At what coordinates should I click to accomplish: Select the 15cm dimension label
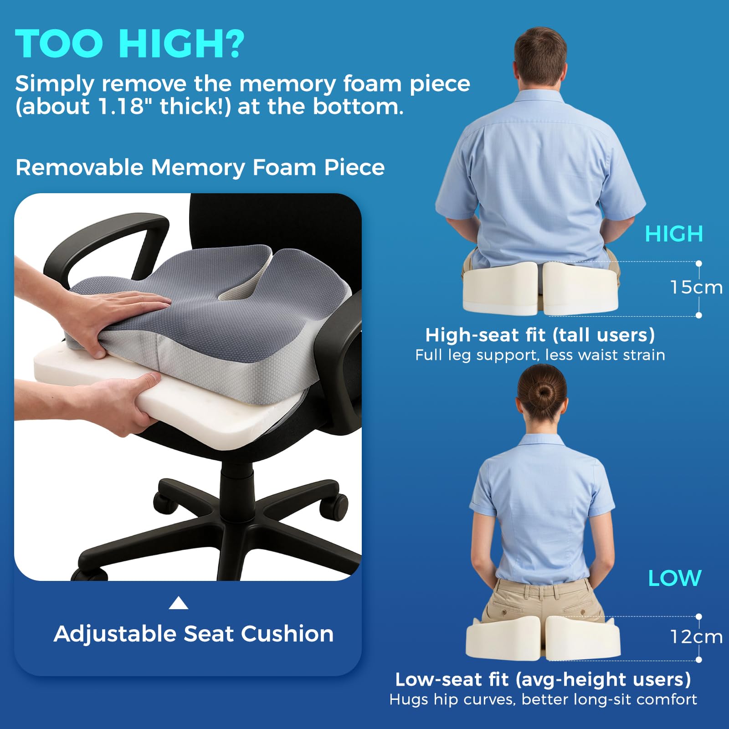pyautogui.click(x=696, y=287)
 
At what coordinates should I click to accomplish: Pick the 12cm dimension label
pyautogui.click(x=696, y=637)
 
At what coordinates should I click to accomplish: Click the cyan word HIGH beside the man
pyautogui.click(x=674, y=234)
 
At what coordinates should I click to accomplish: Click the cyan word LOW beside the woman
pyautogui.click(x=675, y=578)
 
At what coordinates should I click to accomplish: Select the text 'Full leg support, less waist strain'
pyautogui.click(x=540, y=355)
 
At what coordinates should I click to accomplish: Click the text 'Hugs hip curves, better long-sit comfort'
pyautogui.click(x=543, y=699)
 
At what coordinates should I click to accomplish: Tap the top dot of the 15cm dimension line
pyautogui.click(x=699, y=263)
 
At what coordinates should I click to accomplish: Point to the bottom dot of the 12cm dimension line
pyautogui.click(x=699, y=659)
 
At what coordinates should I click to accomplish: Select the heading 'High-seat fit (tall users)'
pyautogui.click(x=540, y=335)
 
